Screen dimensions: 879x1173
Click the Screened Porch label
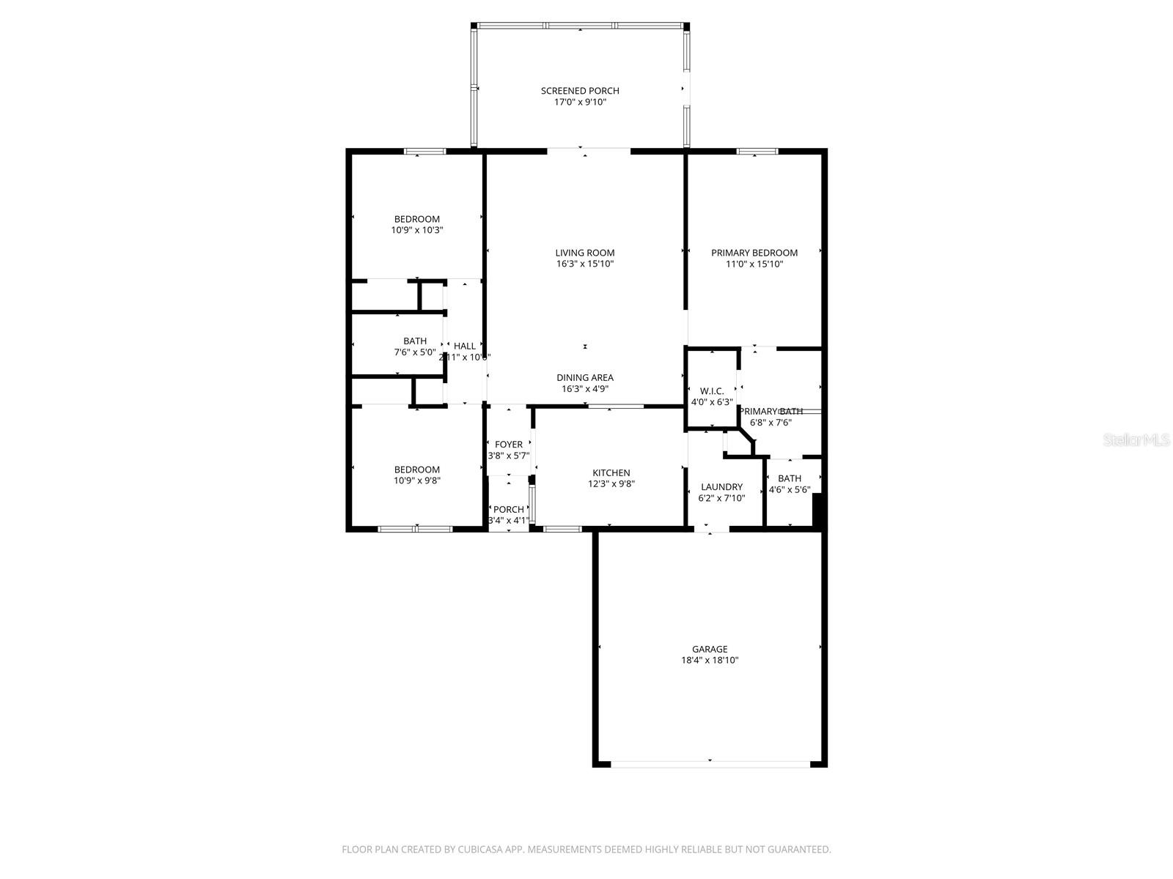click(x=580, y=91)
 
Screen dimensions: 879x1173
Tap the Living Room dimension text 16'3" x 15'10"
click(x=584, y=264)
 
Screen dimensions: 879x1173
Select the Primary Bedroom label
click(x=754, y=253)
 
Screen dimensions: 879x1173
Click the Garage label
click(x=710, y=649)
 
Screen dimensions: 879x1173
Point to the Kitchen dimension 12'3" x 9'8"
click(x=611, y=484)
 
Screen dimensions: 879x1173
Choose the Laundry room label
click(x=721, y=487)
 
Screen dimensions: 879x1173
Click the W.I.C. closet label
click(x=712, y=391)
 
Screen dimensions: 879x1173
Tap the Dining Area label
click(x=584, y=378)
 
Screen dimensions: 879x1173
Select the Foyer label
click(x=509, y=445)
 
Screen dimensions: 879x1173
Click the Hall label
click(x=464, y=346)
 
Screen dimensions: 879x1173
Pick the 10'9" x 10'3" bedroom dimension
click(x=417, y=230)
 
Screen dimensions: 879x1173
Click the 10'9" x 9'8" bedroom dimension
click(x=417, y=481)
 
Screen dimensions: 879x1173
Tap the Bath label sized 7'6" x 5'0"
click(x=415, y=341)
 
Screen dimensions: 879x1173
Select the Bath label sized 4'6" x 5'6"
click(x=790, y=479)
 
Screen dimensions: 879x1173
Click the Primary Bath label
click(x=771, y=412)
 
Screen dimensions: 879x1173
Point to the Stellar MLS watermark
click(x=1136, y=440)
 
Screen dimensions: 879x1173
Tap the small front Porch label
click(x=508, y=510)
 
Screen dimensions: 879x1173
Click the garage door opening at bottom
click(x=710, y=764)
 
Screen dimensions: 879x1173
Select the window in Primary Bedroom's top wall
click(x=757, y=152)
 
